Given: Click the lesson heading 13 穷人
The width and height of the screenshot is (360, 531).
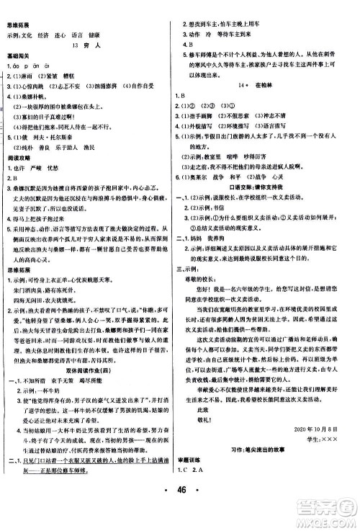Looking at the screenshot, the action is (90, 46).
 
